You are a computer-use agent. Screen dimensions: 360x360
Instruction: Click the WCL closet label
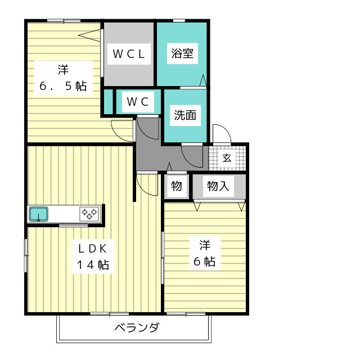tap(129, 54)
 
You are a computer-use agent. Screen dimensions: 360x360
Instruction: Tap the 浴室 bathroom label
tap(182, 53)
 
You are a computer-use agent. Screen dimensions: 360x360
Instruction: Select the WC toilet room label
tap(138, 102)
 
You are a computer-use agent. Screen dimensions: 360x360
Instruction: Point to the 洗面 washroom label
tap(185, 116)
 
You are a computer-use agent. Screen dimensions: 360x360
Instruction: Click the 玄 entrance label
tap(227, 157)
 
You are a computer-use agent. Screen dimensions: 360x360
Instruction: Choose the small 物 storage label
tap(177, 186)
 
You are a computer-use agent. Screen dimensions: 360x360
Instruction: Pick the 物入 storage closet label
tap(218, 186)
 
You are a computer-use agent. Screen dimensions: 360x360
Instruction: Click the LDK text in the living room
tap(93, 248)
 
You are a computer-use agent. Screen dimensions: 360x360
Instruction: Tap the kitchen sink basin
tap(38, 214)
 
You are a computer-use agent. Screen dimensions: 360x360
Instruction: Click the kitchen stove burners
tap(89, 214)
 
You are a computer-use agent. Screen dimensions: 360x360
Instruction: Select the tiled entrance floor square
tap(227, 157)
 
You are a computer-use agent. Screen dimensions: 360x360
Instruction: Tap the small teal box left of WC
tap(107, 102)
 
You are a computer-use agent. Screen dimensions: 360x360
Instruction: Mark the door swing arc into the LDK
tap(146, 184)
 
